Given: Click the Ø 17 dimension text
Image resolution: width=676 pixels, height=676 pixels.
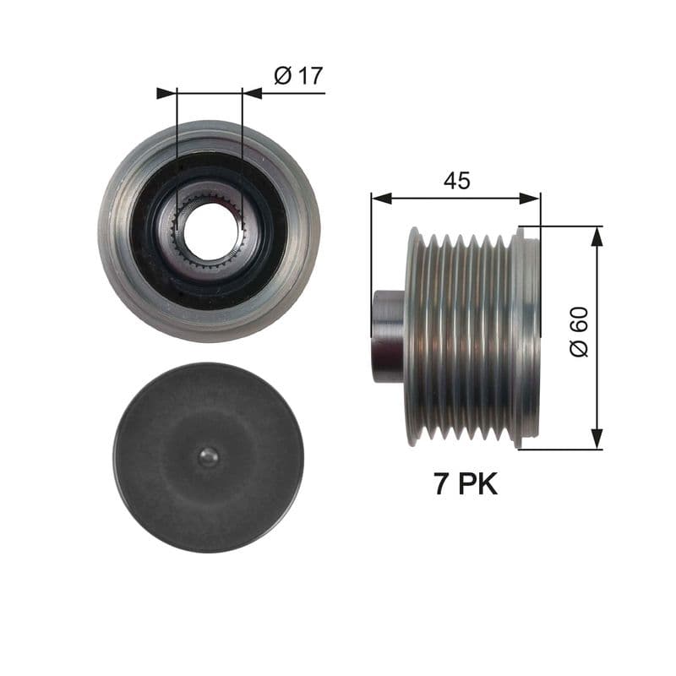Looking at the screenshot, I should tap(298, 76).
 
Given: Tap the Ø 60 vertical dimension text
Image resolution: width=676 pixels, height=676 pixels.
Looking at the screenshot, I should tap(579, 332).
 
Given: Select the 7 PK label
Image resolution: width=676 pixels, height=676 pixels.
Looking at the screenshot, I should tap(465, 484).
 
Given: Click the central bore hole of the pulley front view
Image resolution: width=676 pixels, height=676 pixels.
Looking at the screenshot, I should tap(209, 231).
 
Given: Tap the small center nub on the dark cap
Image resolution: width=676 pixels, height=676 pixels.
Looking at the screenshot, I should tap(208, 457).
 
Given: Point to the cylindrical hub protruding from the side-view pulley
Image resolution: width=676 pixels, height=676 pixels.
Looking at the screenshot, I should tap(389, 336).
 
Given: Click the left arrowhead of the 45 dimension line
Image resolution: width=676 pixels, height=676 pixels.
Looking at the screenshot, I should tap(381, 199).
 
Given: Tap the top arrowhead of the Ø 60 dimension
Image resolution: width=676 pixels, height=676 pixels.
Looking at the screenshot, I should tap(597, 237).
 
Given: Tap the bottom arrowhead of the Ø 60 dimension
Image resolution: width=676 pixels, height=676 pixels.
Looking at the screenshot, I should tap(597, 439).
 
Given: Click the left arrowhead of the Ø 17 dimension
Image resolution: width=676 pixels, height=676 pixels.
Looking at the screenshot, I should tap(166, 93).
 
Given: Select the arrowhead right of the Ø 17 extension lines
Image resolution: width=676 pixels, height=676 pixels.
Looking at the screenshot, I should tap(252, 93).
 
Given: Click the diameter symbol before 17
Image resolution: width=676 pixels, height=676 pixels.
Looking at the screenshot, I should tap(283, 76).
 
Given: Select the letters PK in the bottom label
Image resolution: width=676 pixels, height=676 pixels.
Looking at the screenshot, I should tap(478, 484).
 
